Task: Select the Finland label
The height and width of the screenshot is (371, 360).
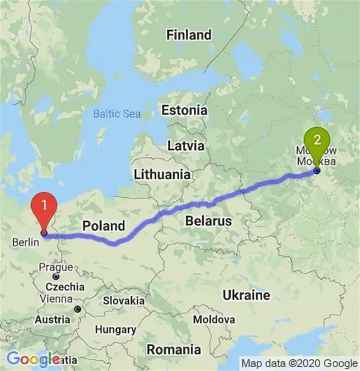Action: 188,35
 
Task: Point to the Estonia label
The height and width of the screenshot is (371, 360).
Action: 184,110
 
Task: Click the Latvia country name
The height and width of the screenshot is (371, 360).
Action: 185,146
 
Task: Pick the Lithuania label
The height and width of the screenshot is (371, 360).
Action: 162,174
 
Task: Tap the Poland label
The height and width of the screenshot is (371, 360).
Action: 103,226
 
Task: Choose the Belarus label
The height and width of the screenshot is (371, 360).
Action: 208,221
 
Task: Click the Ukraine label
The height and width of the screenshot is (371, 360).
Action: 246,295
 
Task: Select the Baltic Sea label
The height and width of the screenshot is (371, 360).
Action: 117,114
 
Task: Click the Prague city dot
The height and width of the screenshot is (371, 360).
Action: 56,277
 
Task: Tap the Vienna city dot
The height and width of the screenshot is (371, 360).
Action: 78,309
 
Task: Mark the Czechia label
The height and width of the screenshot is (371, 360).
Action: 65,287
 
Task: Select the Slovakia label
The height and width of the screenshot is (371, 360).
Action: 124,300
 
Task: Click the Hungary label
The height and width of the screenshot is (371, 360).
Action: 115,329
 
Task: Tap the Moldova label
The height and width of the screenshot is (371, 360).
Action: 214,320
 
